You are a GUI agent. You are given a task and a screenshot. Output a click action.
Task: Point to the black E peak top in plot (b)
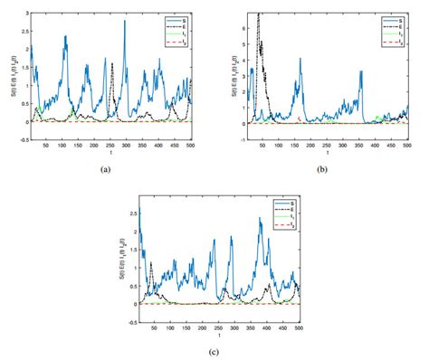pyautogui.click(x=260, y=14)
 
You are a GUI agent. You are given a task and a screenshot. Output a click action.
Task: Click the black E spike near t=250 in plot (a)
pyautogui.click(x=112, y=64)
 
